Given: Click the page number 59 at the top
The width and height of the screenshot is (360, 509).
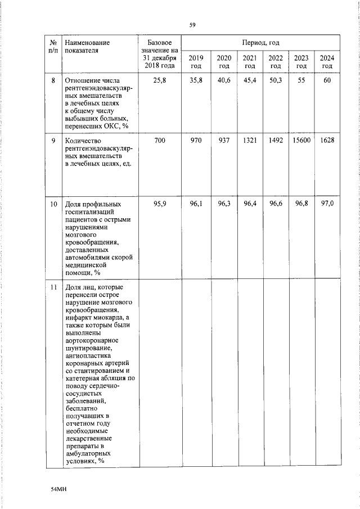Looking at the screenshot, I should coord(192,24).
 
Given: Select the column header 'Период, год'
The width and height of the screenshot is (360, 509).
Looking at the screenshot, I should coord(260,43).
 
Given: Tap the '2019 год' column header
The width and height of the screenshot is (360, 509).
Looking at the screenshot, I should coord(196,62).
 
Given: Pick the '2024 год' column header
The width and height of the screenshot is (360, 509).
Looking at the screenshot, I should coord(327,62).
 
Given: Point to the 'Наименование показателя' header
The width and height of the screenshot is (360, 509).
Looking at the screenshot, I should coord(87,46).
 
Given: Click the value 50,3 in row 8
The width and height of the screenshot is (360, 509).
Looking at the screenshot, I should coord(275,81).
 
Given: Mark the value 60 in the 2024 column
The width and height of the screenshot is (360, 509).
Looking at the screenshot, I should coord(327,81).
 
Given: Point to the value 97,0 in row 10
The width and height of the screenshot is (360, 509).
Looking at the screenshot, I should coord(327,204).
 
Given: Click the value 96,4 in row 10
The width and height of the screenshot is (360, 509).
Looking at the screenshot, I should coord(250,204).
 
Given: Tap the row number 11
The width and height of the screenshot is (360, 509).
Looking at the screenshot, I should coord(53,288).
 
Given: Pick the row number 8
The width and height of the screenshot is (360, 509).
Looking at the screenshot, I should coord(53,81).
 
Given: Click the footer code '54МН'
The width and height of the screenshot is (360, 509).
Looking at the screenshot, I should coord(58,490).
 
